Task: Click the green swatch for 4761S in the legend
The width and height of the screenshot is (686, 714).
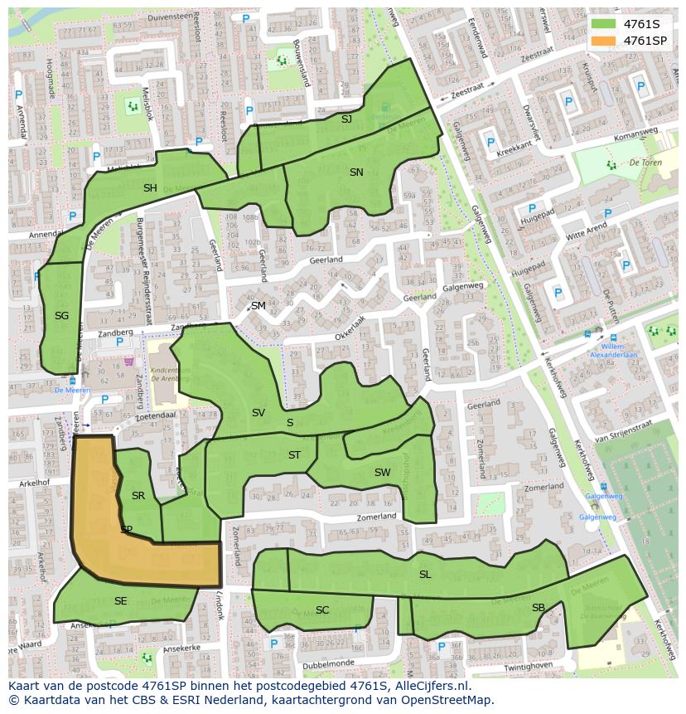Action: pyautogui.click(x=604, y=24)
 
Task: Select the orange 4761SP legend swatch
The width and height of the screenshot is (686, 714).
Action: pyautogui.click(x=604, y=41)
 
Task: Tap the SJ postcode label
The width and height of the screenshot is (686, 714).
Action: pyautogui.click(x=346, y=119)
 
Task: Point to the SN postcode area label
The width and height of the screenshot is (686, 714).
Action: pyautogui.click(x=356, y=172)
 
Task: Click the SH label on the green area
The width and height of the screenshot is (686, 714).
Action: pyautogui.click(x=150, y=188)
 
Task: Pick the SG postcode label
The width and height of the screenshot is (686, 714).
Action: pyautogui.click(x=61, y=316)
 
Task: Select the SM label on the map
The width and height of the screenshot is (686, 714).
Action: pyautogui.click(x=258, y=306)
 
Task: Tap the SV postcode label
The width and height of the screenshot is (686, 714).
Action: pyautogui.click(x=258, y=413)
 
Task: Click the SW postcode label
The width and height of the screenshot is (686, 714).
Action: pyautogui.click(x=382, y=473)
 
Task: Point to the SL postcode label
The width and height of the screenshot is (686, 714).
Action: pyautogui.click(x=425, y=575)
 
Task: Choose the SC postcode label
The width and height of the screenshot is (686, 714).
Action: pyautogui.click(x=322, y=610)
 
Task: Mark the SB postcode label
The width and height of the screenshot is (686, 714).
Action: pyautogui.click(x=539, y=608)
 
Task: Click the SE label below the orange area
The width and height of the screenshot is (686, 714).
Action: pyautogui.click(x=121, y=601)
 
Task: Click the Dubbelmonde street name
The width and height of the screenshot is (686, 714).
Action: pyautogui.click(x=327, y=663)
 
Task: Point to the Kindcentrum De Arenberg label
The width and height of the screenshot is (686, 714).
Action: pyautogui.click(x=171, y=375)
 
